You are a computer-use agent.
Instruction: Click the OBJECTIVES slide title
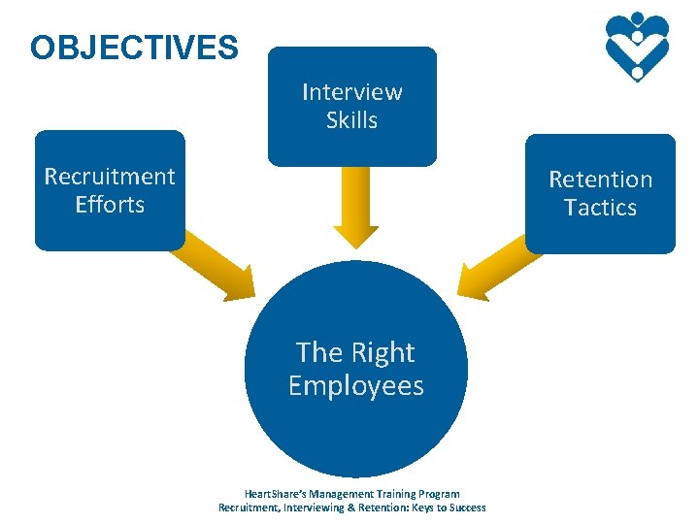(134, 48)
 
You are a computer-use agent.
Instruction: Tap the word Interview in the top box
(351, 92)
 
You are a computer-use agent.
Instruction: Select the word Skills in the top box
(351, 120)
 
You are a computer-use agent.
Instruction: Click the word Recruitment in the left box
(110, 177)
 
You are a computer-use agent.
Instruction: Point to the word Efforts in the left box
(110, 205)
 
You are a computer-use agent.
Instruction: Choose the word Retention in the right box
(600, 180)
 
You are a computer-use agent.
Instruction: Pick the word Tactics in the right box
(600, 208)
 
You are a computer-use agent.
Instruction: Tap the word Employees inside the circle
(356, 386)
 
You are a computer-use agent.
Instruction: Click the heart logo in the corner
(637, 46)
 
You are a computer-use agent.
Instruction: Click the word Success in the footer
(466, 508)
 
